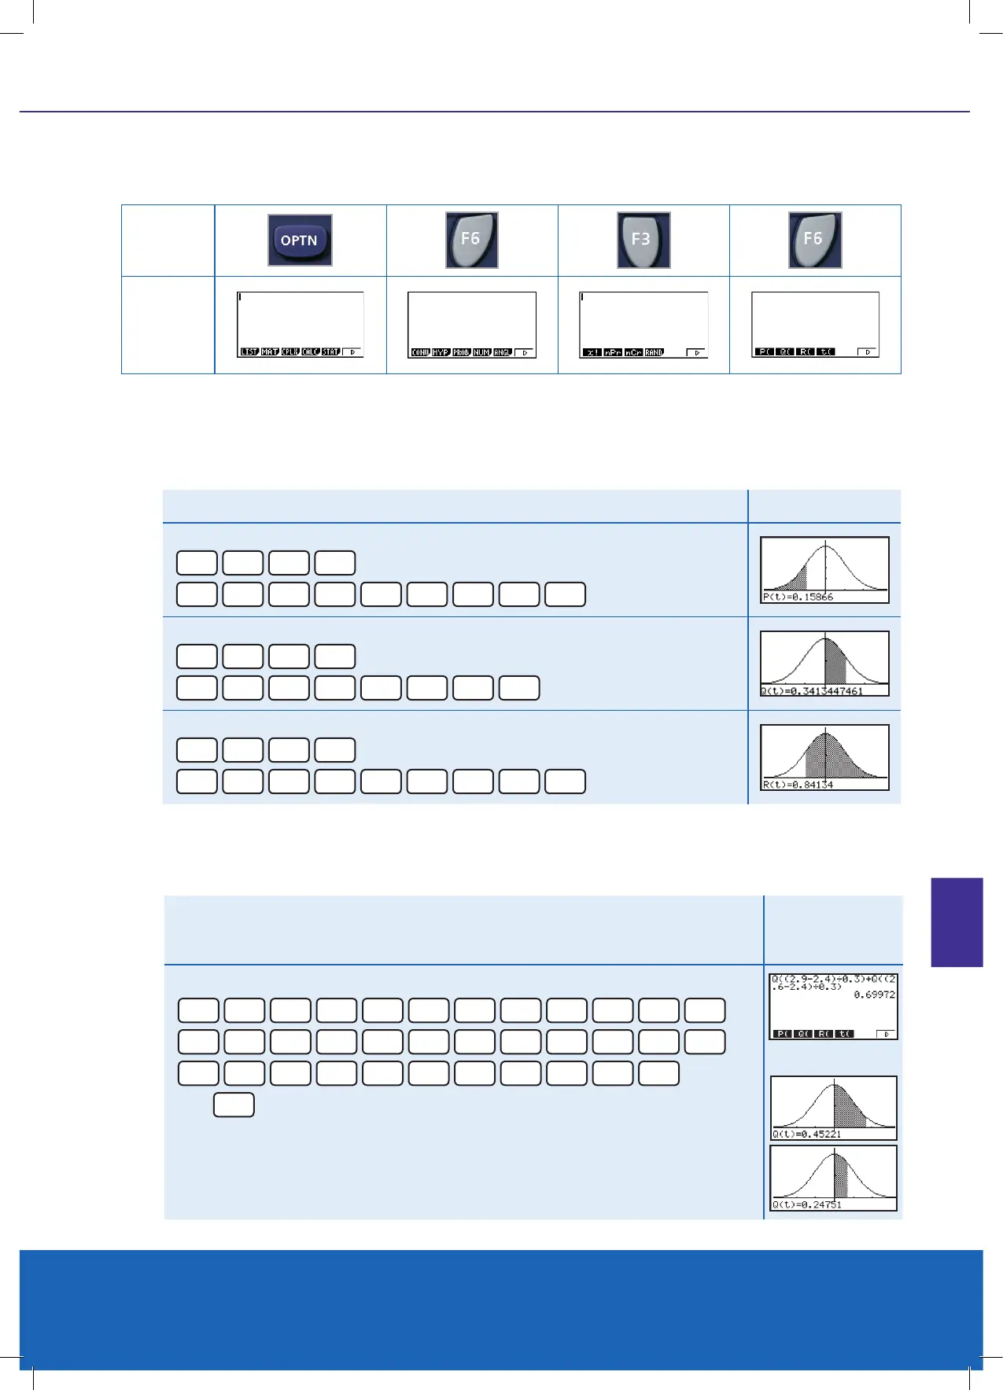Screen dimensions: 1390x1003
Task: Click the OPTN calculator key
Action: tap(300, 240)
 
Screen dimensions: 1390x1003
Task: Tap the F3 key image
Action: tap(643, 240)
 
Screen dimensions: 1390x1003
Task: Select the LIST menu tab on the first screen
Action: tap(249, 352)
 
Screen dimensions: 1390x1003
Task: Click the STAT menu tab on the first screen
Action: tap(330, 352)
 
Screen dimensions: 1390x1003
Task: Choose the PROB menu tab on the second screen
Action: tap(461, 353)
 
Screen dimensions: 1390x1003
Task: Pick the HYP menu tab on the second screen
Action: tap(441, 353)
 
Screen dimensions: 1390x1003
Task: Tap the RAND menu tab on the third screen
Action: tap(655, 353)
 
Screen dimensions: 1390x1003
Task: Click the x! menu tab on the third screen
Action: tap(592, 353)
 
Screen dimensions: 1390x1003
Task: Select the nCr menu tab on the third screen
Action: tap(633, 353)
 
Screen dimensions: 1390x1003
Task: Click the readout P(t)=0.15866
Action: tap(798, 598)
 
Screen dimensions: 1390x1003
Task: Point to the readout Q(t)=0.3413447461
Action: tap(812, 691)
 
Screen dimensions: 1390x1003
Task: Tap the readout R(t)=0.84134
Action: tap(798, 785)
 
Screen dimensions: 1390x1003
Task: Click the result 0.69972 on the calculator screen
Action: tap(874, 995)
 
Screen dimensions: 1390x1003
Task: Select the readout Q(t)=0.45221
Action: tap(807, 1134)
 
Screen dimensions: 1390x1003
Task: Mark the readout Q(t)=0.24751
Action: tap(807, 1204)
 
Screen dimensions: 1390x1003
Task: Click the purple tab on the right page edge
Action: tap(957, 922)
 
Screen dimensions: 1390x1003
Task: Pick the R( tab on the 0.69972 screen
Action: tap(824, 1034)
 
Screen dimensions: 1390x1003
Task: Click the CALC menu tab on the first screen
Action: tap(310, 352)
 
